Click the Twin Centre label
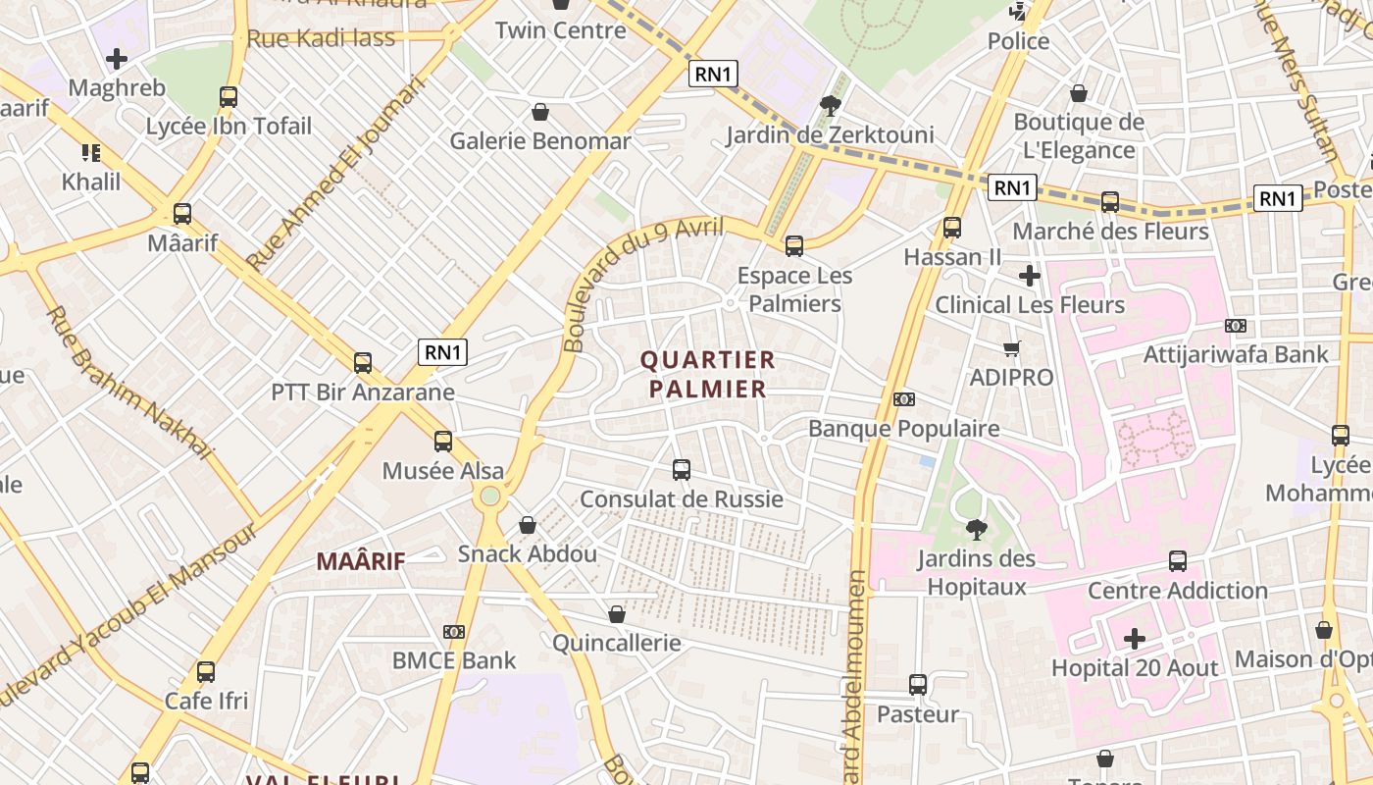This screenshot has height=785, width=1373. click(560, 30)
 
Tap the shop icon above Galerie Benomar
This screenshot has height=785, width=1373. click(539, 112)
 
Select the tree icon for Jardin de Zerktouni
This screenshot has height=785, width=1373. click(831, 105)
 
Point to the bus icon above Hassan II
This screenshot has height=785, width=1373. click(951, 228)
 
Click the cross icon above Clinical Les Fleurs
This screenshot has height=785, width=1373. click(1029, 276)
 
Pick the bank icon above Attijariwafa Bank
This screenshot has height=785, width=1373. click(1236, 326)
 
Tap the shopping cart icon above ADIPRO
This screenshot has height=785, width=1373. click(1012, 348)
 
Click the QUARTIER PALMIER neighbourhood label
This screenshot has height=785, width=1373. click(707, 374)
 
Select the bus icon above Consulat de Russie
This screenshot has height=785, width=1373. click(682, 470)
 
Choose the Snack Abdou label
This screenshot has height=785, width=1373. click(528, 553)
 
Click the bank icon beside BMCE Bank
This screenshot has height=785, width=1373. click(454, 632)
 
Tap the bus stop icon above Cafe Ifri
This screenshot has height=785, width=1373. click(206, 672)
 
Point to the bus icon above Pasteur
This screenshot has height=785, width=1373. click(918, 685)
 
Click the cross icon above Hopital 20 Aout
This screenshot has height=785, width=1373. click(1135, 640)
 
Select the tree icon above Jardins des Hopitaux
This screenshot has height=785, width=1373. click(976, 530)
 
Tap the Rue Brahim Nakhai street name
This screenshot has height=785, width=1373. click(129, 383)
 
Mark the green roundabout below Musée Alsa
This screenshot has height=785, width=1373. click(489, 497)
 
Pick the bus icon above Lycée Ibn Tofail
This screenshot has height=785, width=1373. click(229, 97)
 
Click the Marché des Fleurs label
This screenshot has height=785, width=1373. click(1110, 232)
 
